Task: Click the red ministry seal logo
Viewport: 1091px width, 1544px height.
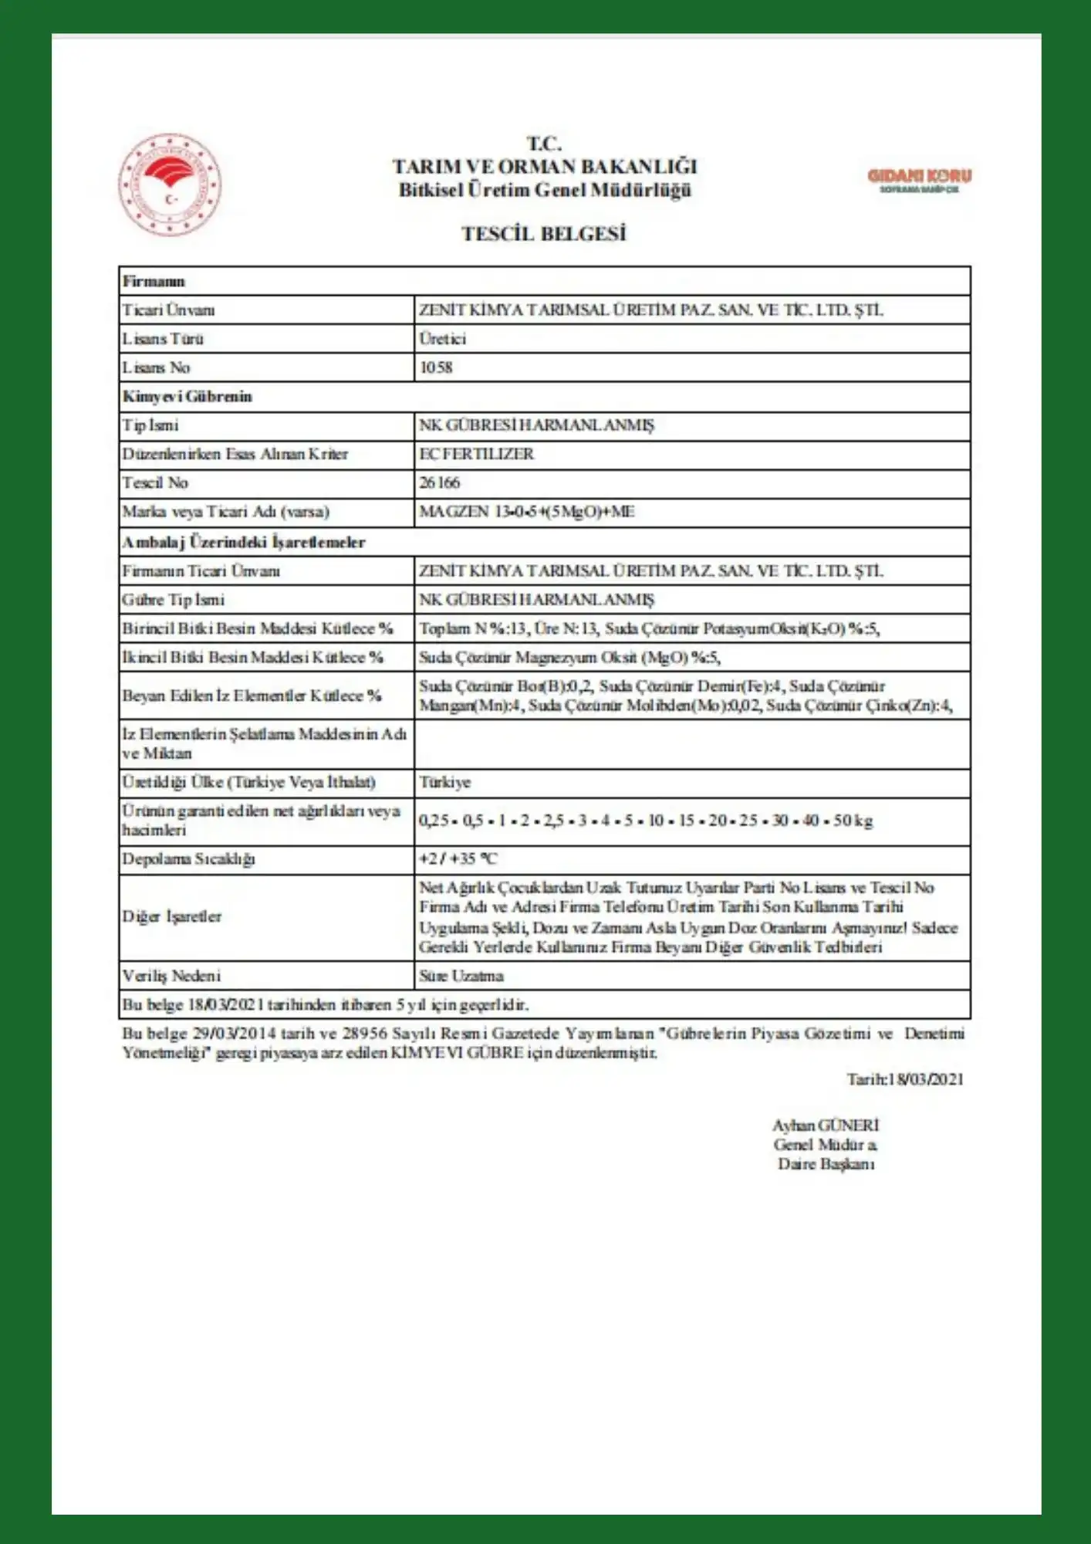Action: [x=170, y=185]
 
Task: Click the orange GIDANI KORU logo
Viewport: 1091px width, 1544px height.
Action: [x=919, y=179]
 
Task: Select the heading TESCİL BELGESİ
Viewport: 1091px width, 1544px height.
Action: [x=544, y=234]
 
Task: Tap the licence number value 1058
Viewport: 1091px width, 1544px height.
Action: [x=436, y=367]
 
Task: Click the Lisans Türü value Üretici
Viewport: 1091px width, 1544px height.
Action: [x=442, y=339]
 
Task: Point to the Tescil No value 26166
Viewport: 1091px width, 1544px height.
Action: [x=439, y=483]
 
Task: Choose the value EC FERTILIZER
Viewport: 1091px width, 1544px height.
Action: [x=476, y=454]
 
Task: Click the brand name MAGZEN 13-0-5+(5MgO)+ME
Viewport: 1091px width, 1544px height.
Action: [x=526, y=512]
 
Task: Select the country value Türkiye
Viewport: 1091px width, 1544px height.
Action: [x=444, y=783]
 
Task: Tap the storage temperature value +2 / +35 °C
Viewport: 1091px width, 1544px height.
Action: [x=458, y=859]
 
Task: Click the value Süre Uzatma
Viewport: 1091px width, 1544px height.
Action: [x=461, y=977]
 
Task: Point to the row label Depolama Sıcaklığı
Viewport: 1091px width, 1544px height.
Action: [x=188, y=859]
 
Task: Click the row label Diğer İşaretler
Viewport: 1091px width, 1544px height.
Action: [x=171, y=917]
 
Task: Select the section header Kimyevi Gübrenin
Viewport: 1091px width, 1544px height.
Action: [x=187, y=397]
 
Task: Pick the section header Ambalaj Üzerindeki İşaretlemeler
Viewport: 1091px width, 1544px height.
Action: [x=243, y=542]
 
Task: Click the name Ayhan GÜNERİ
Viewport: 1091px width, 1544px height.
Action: [x=825, y=1126]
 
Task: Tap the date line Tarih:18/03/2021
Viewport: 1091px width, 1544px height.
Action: [x=904, y=1080]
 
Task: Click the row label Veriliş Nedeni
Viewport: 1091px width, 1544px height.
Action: [x=171, y=977]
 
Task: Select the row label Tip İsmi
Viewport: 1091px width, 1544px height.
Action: [x=150, y=425]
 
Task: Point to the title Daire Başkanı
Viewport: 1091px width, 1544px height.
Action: [x=826, y=1164]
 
